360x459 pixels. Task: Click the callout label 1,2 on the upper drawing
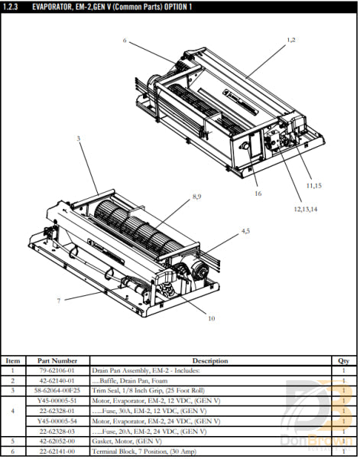click(290, 39)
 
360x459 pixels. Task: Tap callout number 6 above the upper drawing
click(125, 40)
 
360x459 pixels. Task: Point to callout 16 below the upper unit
click(258, 194)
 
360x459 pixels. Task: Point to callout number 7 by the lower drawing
click(58, 301)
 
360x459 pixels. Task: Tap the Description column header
click(209, 361)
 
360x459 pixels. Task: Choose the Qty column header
click(343, 361)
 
